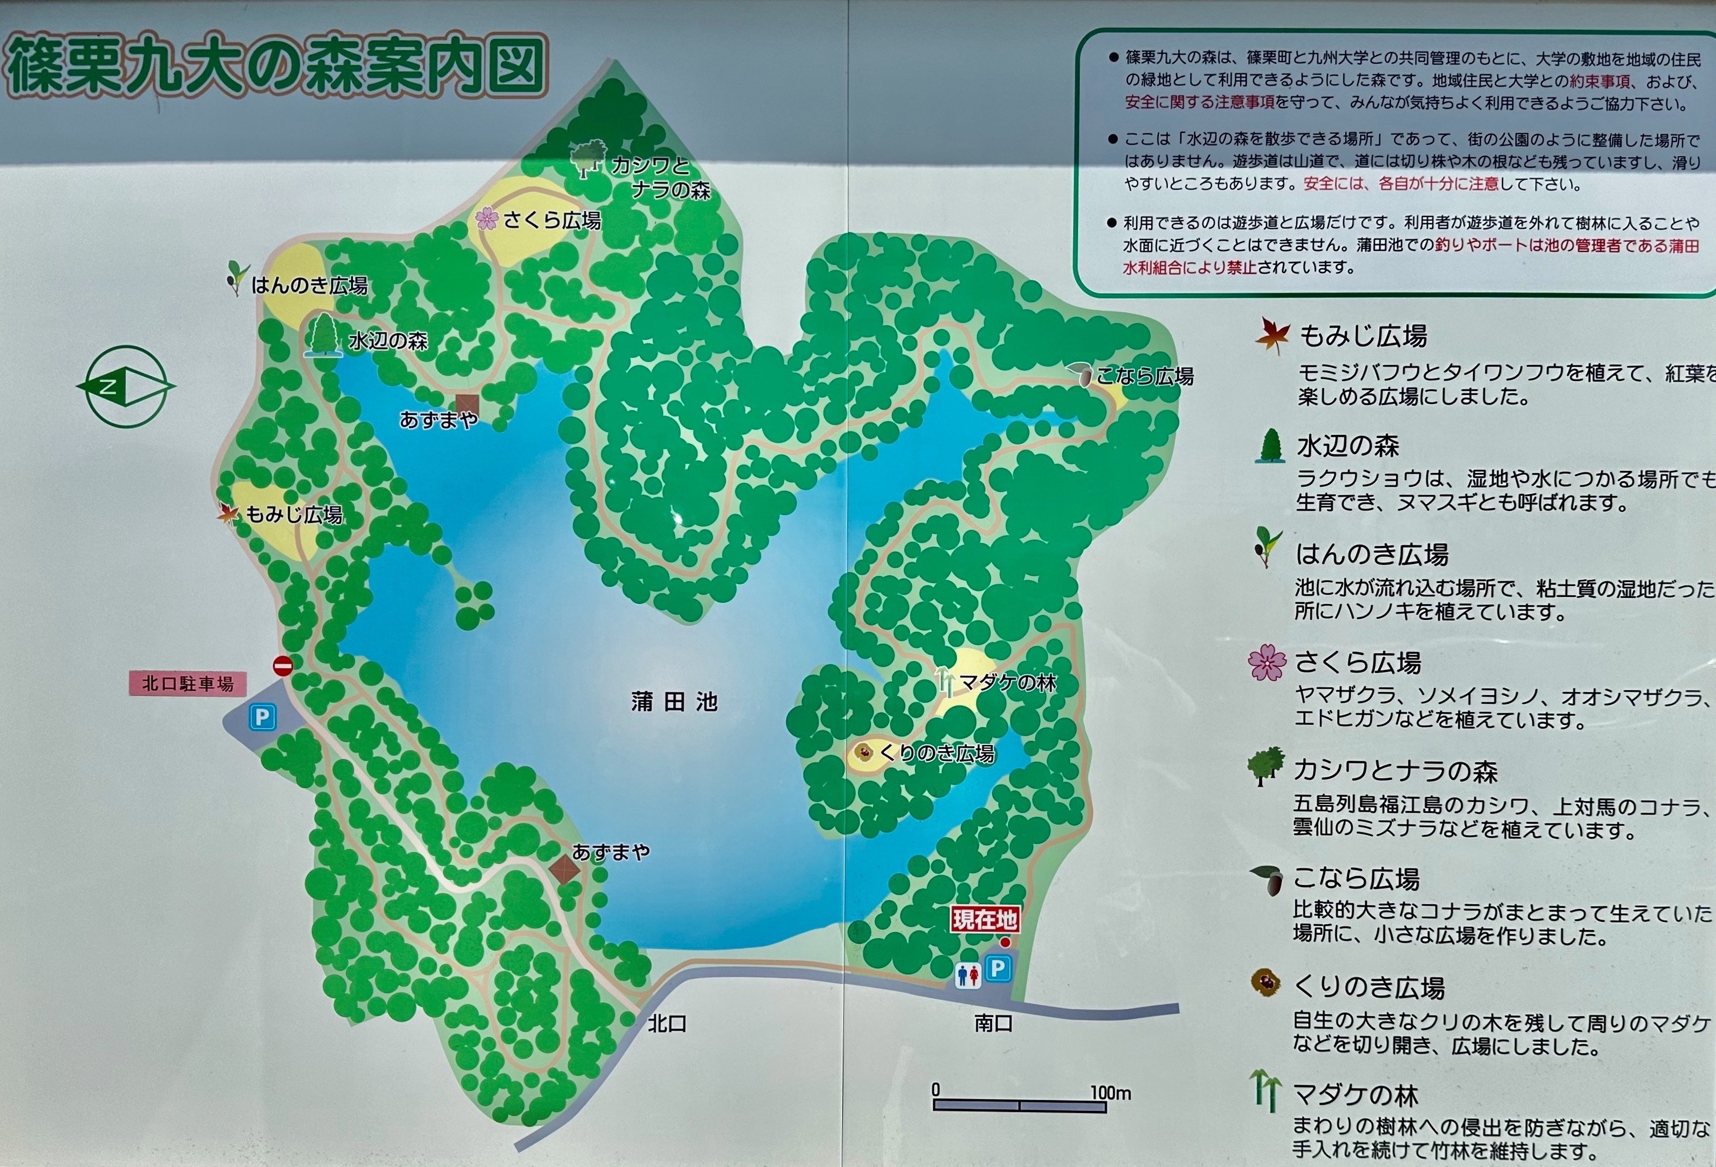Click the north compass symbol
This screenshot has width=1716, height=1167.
pos(126,387)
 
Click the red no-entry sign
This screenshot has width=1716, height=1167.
pos(283,665)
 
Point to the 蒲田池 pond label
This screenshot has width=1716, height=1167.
pos(674,701)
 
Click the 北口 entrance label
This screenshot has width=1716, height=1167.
pos(668,1023)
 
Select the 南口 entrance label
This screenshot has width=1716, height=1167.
pos(993,1023)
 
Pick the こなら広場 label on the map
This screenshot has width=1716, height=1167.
pos(1145,376)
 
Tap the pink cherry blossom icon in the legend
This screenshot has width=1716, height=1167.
pos(1266,662)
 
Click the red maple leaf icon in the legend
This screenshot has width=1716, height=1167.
pos(1272,336)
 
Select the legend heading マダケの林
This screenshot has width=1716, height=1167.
pos(1355,1096)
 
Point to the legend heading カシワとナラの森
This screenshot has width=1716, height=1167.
pos(1395,771)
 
